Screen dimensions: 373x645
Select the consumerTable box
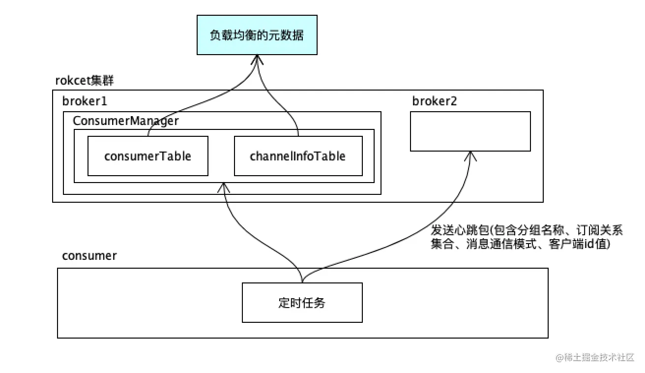point(147,156)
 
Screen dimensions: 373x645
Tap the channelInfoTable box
point(298,156)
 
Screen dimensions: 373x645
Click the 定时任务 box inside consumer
point(302,303)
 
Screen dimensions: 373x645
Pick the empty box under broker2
point(470,131)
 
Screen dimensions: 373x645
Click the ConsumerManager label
point(126,121)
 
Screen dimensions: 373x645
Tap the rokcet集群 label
point(85,80)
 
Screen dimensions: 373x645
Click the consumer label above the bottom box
point(89,256)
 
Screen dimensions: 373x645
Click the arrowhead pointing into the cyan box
point(257,60)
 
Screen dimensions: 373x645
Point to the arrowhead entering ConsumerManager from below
point(224,187)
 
